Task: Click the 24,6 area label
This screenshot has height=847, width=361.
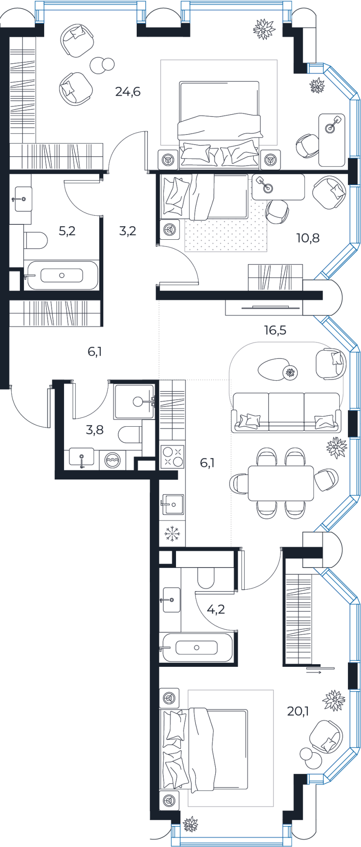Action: coord(128,92)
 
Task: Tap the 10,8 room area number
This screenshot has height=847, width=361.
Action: coord(308,238)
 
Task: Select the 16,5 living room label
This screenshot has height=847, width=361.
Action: coord(275,330)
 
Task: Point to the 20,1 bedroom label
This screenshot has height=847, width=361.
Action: coord(298,711)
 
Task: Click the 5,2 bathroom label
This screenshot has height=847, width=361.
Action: coord(67,231)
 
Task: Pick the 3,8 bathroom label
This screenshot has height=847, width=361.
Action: coord(95,430)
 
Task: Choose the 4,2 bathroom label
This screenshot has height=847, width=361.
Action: coord(216,610)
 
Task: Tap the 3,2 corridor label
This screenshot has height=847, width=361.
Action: coord(128,231)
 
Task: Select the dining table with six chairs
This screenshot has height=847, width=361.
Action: coord(281,483)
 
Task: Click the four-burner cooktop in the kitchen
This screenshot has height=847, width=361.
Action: coord(172,456)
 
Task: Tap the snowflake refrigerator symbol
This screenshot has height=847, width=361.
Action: coord(172,534)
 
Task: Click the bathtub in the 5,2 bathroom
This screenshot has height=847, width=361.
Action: coord(62,275)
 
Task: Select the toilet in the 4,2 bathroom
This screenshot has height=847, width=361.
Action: coord(206,577)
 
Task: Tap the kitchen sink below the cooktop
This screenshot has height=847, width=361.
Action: coord(172,504)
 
